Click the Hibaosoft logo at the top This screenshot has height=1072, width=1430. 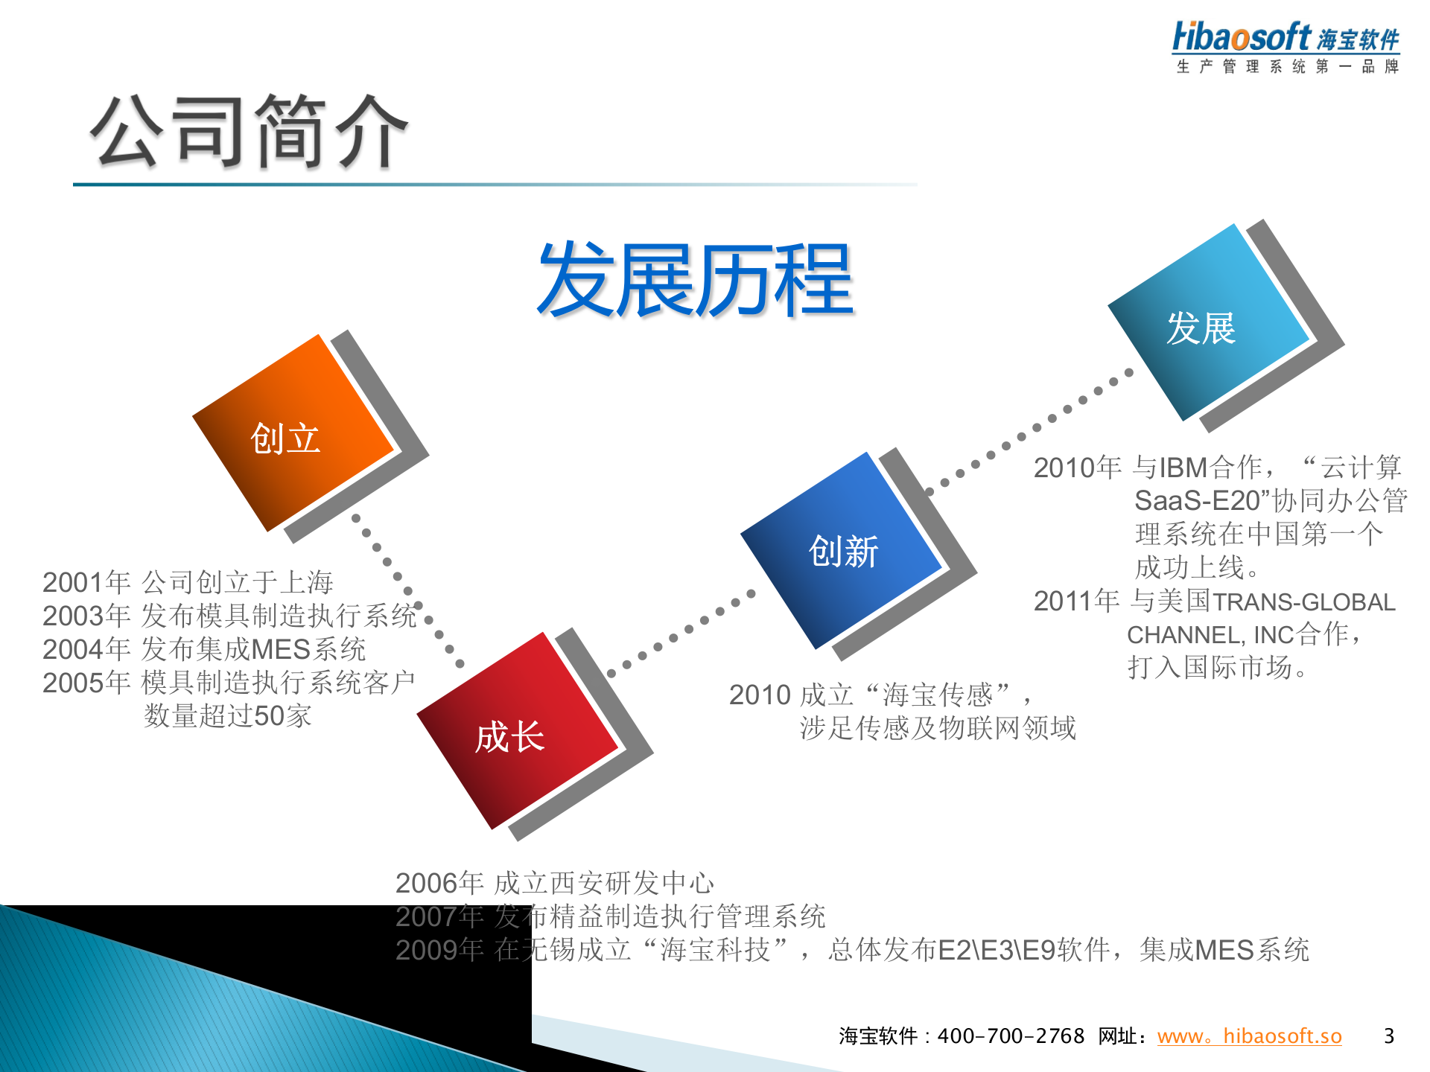1286,37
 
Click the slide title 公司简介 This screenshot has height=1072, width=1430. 249,132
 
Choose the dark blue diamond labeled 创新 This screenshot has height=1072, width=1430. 842,551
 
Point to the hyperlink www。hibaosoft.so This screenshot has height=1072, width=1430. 1249,1036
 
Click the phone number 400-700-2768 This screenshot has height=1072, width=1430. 1011,1036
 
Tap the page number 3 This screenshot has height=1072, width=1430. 1388,1036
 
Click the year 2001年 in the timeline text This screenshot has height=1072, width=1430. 86,582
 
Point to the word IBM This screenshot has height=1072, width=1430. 1183,468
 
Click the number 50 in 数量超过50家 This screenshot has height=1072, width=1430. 269,716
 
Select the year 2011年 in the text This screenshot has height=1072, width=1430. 1076,601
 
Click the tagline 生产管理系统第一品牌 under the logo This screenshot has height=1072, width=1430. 1287,67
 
